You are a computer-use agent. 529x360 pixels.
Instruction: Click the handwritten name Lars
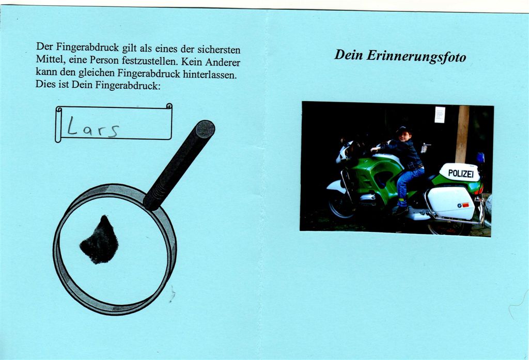click(93, 127)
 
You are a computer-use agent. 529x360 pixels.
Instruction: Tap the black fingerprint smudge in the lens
click(100, 240)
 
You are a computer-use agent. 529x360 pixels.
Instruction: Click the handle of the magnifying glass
click(179, 165)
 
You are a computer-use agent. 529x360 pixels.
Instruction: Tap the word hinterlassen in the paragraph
click(210, 74)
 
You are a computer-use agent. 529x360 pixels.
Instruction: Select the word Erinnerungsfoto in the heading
click(416, 56)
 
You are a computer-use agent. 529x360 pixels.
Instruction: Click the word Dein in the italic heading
click(349, 55)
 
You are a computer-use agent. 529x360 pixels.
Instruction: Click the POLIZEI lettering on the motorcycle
click(461, 174)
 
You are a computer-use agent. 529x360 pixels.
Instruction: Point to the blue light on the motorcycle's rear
click(480, 158)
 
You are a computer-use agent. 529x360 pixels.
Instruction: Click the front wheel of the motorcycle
click(341, 205)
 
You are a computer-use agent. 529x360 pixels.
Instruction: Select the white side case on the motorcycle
click(451, 203)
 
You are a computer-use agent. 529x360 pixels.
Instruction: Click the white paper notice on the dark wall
click(440, 115)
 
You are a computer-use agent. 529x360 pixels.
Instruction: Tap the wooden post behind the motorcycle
click(462, 134)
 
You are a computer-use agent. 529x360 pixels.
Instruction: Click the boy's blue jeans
click(408, 184)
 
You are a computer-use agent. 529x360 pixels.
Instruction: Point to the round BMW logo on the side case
click(459, 205)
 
